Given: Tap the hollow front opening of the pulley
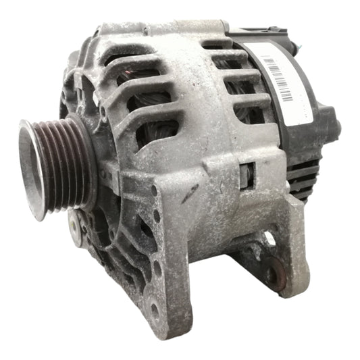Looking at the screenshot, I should (33, 169).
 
